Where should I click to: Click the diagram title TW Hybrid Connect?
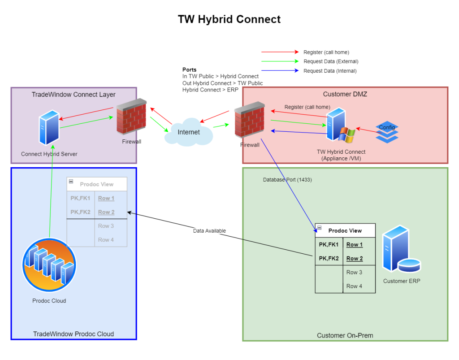[x=229, y=19]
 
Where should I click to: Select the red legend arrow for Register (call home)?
[x=280, y=52]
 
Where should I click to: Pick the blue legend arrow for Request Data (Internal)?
[x=280, y=71]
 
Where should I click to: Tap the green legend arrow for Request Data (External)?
[x=280, y=61]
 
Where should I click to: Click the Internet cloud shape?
[x=188, y=132]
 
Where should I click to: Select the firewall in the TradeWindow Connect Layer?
[x=132, y=117]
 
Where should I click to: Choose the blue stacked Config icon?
[x=386, y=131]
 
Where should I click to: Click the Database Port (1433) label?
[x=287, y=180]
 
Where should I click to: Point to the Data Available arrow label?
[x=209, y=231]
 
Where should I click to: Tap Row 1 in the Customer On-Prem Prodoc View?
[x=354, y=245]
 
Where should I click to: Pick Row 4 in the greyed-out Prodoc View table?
[x=106, y=240]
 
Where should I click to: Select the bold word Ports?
[x=189, y=70]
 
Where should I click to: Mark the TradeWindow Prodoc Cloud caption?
[x=74, y=334]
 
